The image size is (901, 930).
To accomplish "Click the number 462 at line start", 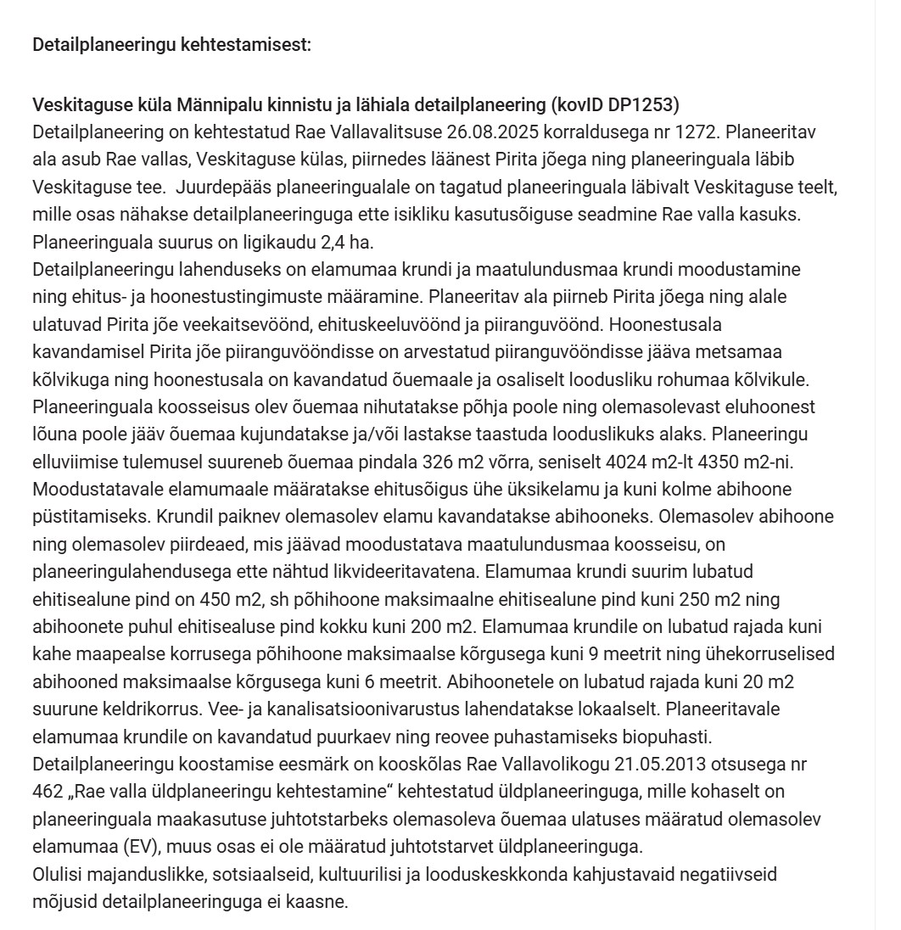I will click(46, 792).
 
